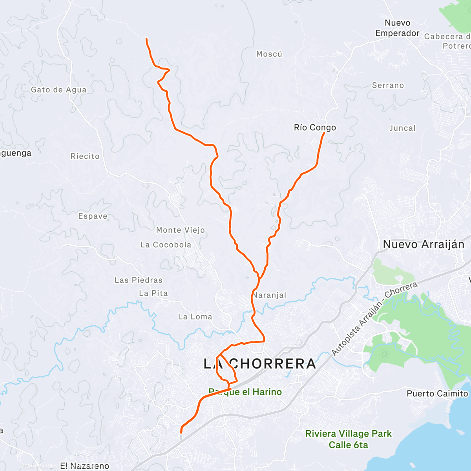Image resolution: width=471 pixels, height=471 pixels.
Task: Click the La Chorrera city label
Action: coord(260,364)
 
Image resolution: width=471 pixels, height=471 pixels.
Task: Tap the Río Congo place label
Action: coord(315,128)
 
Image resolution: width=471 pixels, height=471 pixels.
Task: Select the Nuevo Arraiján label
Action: coord(424,245)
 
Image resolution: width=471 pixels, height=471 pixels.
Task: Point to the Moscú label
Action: coord(269,54)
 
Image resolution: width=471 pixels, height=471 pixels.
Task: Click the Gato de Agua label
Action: coord(58,90)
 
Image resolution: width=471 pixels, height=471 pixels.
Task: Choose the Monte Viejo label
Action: coord(181,230)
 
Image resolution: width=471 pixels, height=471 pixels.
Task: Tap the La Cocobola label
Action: coord(166,245)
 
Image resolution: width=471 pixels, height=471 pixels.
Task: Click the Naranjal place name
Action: coord(270,295)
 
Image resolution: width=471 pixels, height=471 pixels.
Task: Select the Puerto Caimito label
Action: coord(437,394)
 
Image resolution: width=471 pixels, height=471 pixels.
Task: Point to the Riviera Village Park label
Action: coord(349,434)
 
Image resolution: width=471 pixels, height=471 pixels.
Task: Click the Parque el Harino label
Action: coord(245,392)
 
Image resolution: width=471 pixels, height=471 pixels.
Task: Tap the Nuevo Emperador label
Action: coord(397,28)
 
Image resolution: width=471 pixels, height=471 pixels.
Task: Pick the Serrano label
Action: coord(388,86)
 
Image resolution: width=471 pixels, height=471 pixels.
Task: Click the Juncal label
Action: coord(402,128)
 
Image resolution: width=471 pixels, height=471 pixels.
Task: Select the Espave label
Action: coord(93,216)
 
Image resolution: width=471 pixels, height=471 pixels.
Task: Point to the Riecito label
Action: coord(85,156)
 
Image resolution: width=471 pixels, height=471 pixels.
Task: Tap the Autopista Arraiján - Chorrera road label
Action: coord(374,319)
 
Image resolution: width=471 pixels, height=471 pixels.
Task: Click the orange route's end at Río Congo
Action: coord(324,133)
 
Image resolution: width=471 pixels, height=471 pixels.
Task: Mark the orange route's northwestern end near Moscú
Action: coord(146,38)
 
